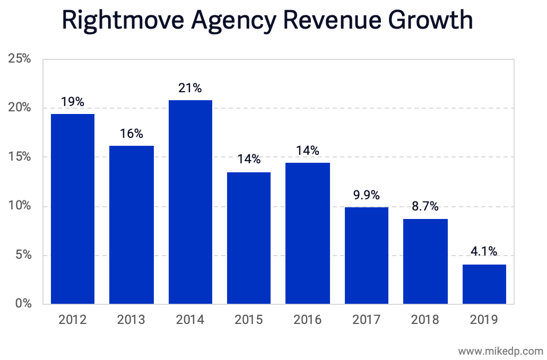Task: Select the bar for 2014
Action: [x=190, y=202]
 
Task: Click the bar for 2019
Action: [x=484, y=284]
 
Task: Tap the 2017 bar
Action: [x=366, y=256]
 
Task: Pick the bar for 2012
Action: [x=72, y=209]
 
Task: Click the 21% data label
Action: [x=190, y=88]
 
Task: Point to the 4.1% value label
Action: [x=484, y=252]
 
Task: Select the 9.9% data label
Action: [x=366, y=195]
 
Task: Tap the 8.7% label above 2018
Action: [x=425, y=207]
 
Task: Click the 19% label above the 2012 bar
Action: [x=72, y=102]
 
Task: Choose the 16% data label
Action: [x=131, y=134]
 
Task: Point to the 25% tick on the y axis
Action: [x=20, y=59]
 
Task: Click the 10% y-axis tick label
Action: [x=20, y=206]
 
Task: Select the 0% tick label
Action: [x=23, y=304]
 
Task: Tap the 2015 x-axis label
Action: [x=248, y=319]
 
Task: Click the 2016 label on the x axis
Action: [x=307, y=319]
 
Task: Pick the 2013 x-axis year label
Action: [x=131, y=319]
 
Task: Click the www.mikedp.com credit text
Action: [x=500, y=350]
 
